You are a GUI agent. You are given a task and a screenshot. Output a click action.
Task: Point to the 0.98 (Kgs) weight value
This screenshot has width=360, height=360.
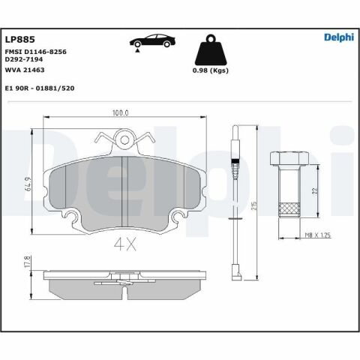[211, 72]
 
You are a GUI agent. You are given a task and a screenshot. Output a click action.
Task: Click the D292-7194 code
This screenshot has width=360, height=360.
[24, 61]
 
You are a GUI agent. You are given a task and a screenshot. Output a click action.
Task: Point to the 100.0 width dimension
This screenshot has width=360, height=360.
[121, 112]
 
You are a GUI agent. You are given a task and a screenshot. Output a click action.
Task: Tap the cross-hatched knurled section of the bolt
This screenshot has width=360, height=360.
[289, 208]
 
